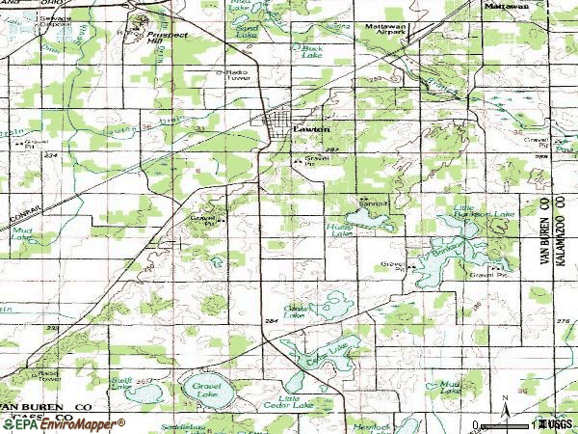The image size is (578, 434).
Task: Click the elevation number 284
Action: pyautogui.click(x=270, y=319)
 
